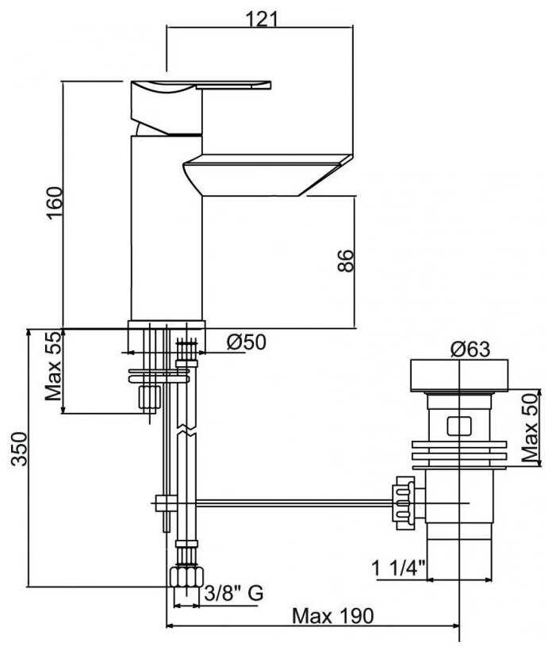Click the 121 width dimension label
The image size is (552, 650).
[x=262, y=19]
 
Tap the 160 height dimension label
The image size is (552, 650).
[x=55, y=204]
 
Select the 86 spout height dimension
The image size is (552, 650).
[x=347, y=261]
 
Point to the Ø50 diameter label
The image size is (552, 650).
[x=247, y=342]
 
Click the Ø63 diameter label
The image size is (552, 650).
[x=470, y=349]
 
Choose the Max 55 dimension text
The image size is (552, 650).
[x=53, y=366]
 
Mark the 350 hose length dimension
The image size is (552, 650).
[x=19, y=449]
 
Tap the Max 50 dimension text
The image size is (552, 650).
[x=530, y=428]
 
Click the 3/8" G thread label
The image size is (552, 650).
[x=234, y=594]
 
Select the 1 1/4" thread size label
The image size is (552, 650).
[x=399, y=568]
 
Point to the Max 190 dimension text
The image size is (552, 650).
[x=333, y=617]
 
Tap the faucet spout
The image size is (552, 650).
[x=267, y=174]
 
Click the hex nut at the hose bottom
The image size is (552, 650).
[x=186, y=577]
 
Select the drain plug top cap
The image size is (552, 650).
[x=459, y=375]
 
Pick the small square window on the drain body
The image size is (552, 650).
[x=459, y=426]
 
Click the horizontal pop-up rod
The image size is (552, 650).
[x=294, y=503]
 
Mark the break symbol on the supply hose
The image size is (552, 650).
[x=187, y=430]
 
